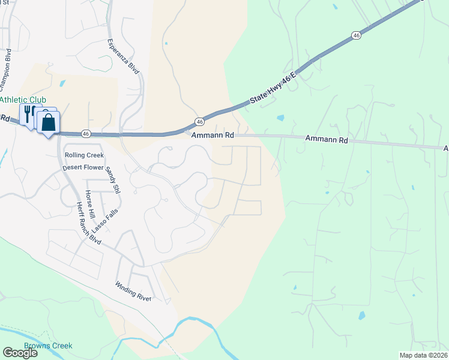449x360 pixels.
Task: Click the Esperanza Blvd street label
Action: click(123, 56)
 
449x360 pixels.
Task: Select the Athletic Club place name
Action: click(23, 100)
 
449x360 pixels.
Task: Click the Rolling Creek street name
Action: click(80, 155)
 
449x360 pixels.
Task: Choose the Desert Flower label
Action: click(83, 168)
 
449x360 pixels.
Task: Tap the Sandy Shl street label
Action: click(112, 181)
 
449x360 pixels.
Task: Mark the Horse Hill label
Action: click(90, 205)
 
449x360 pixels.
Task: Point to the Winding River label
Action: click(133, 291)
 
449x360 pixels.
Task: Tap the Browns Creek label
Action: click(48, 346)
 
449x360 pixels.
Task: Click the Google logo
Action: click(20, 353)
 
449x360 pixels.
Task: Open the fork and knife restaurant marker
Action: click(28, 112)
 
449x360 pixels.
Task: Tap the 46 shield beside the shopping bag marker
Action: click(86, 133)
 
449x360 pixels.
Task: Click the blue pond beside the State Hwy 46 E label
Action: click(280, 118)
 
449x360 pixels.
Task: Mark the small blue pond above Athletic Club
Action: click(63, 82)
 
